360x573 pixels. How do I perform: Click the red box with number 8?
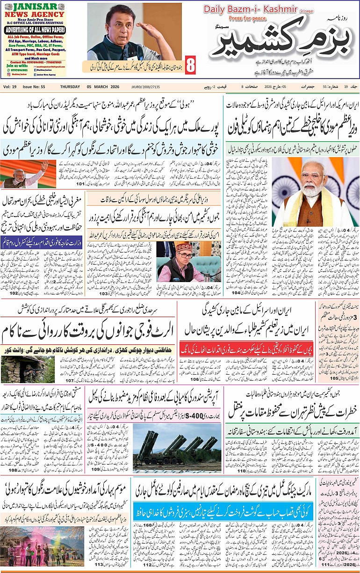[x=190, y=65]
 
